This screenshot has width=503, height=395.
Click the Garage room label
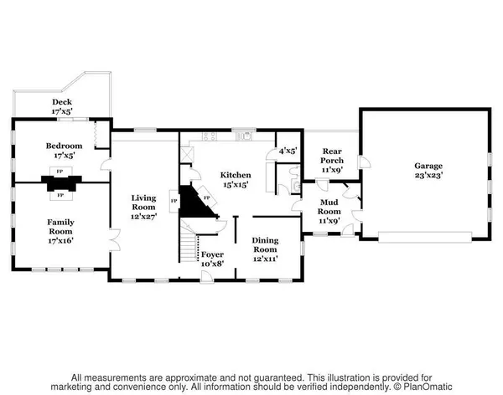click(x=428, y=166)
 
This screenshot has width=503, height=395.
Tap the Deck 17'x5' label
click(x=62, y=106)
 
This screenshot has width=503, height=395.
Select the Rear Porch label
click(x=332, y=156)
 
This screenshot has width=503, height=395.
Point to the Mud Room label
click(x=329, y=207)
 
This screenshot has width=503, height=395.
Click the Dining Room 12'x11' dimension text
click(x=265, y=259)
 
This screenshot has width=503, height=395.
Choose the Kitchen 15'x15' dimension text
click(x=236, y=184)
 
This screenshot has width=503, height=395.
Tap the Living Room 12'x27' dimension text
click(x=143, y=217)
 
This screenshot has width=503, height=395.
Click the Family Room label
click(x=60, y=227)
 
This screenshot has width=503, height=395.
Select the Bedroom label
click(x=65, y=146)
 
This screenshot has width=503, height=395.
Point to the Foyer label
click(x=212, y=254)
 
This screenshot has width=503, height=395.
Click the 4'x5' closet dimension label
click(x=288, y=151)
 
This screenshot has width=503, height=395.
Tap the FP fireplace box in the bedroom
click(x=60, y=172)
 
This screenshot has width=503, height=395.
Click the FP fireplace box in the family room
click(x=60, y=195)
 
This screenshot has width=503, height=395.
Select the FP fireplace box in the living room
click(x=174, y=201)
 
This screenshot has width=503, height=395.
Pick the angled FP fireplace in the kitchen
click(x=207, y=196)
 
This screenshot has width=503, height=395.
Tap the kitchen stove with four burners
click(x=209, y=136)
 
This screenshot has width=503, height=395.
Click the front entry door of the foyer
click(x=207, y=278)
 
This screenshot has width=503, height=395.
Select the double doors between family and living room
click(x=115, y=239)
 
